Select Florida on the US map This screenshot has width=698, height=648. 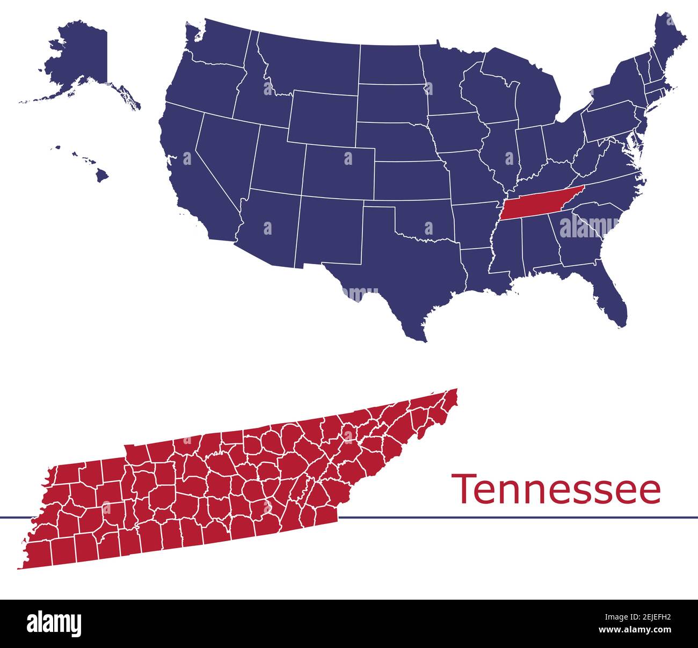[609, 293]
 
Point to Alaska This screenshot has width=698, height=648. [81, 59]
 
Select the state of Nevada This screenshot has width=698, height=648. [223, 150]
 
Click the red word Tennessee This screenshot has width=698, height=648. [557, 489]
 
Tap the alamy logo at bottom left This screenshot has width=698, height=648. [54, 624]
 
